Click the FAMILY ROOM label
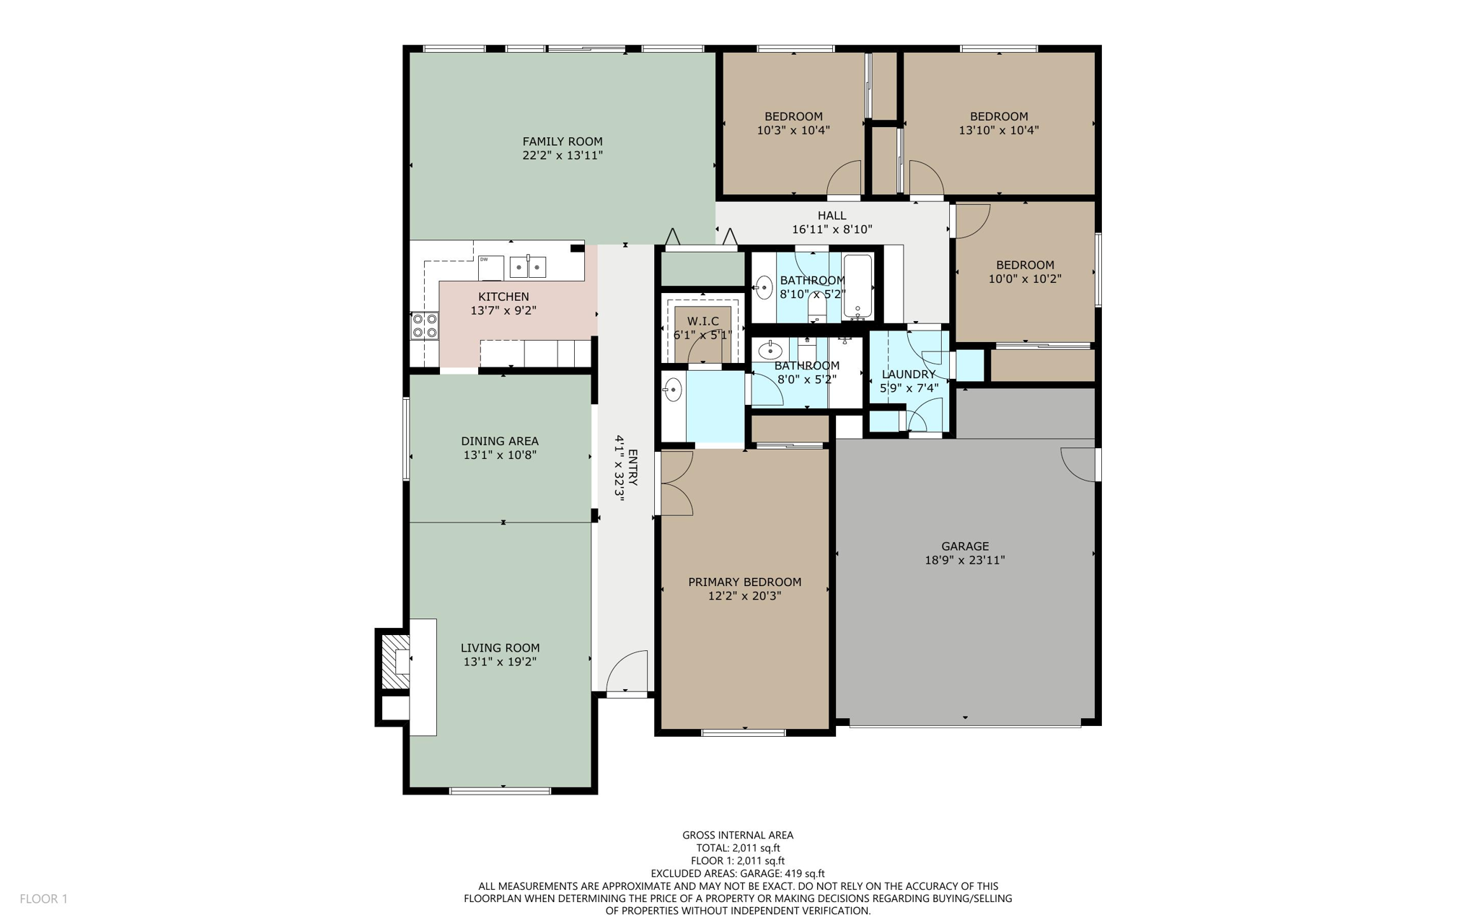562,141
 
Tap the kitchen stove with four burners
425,325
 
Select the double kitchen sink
528,267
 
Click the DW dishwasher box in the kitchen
490,267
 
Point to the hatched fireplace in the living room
394,660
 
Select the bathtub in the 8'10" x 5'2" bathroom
857,287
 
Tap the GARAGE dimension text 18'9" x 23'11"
964,560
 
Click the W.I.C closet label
702,321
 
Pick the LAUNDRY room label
908,374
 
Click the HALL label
832,215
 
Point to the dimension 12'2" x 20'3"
744,596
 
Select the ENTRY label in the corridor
632,467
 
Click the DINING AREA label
500,441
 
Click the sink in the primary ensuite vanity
672,390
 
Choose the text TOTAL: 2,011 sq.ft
737,848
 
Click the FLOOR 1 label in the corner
43,898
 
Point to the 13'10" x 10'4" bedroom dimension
998,131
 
